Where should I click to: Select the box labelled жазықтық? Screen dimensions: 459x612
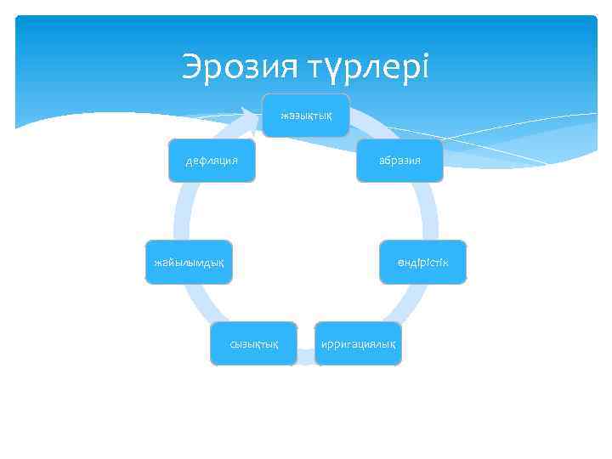[x=306, y=115]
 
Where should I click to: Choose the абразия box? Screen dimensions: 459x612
[x=400, y=160]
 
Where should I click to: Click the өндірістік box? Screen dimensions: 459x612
[x=422, y=262]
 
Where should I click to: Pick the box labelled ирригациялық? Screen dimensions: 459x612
[x=358, y=343]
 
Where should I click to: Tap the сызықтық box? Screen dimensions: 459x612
[x=254, y=343]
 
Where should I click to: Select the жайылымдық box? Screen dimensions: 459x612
[x=189, y=262]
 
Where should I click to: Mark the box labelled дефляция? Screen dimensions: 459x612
[x=212, y=160]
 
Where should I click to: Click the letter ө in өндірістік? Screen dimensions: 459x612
[x=401, y=262]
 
